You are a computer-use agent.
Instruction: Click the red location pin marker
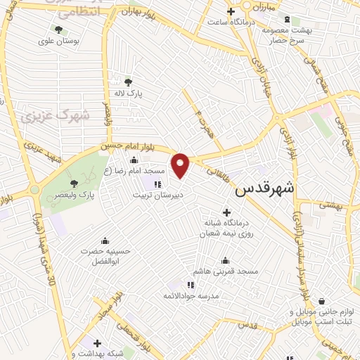(x=181, y=166)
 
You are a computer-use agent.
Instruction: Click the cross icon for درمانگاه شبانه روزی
(x=226, y=212)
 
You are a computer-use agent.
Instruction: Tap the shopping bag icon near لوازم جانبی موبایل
(x=322, y=300)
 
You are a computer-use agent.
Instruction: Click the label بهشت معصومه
(x=287, y=32)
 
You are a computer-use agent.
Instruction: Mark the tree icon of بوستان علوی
(x=58, y=30)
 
